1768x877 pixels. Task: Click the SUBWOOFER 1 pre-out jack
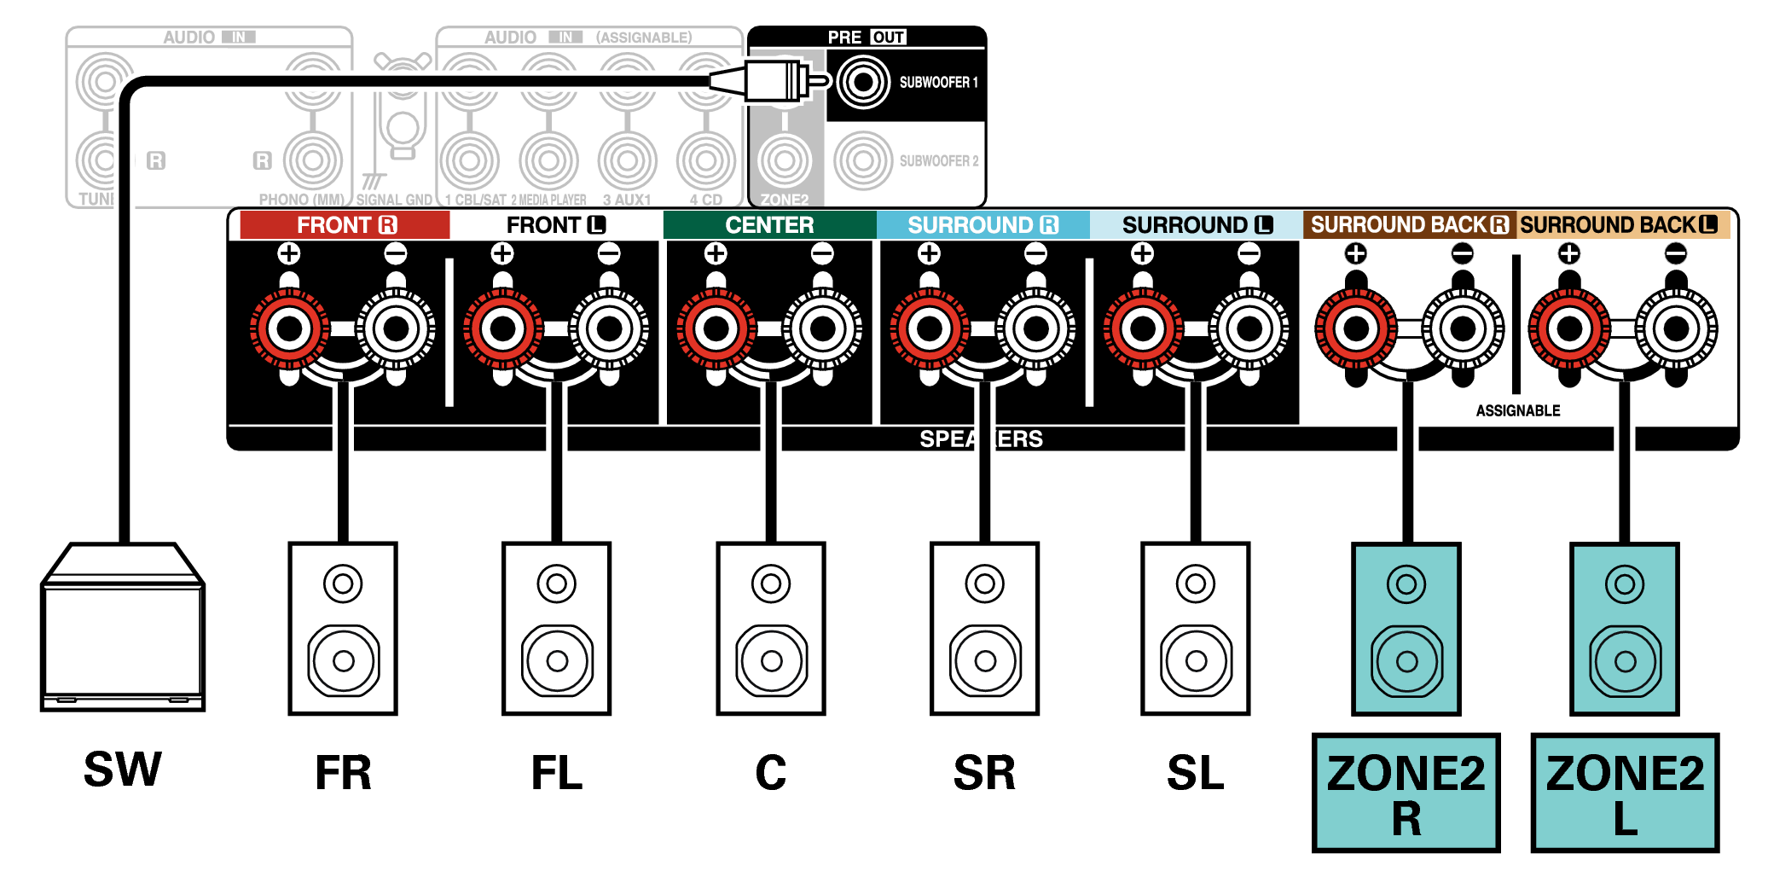863,83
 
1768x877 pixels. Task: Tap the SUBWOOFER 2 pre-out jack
863,160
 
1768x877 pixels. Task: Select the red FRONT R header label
345,225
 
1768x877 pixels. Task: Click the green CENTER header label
769,225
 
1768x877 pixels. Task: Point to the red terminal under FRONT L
502,328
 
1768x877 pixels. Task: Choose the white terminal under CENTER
822,328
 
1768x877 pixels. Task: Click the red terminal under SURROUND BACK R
1355,328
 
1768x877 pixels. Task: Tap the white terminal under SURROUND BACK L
1676,328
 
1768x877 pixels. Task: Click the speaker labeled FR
343,628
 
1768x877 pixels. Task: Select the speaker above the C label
771,628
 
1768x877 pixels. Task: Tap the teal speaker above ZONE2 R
1406,628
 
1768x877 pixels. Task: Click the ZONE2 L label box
1625,793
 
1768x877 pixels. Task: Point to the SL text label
1195,773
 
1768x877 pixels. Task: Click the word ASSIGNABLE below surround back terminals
1518,410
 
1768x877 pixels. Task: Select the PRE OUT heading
867,38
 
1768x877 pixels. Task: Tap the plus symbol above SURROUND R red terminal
929,253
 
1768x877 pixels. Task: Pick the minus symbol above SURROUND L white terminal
1249,253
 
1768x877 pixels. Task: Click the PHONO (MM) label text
301,200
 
